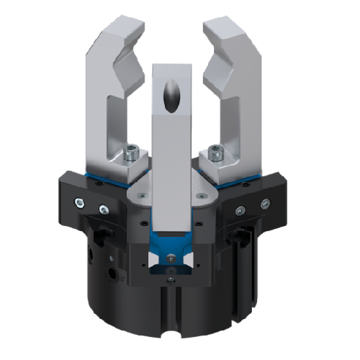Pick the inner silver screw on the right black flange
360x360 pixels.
point(240,210)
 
